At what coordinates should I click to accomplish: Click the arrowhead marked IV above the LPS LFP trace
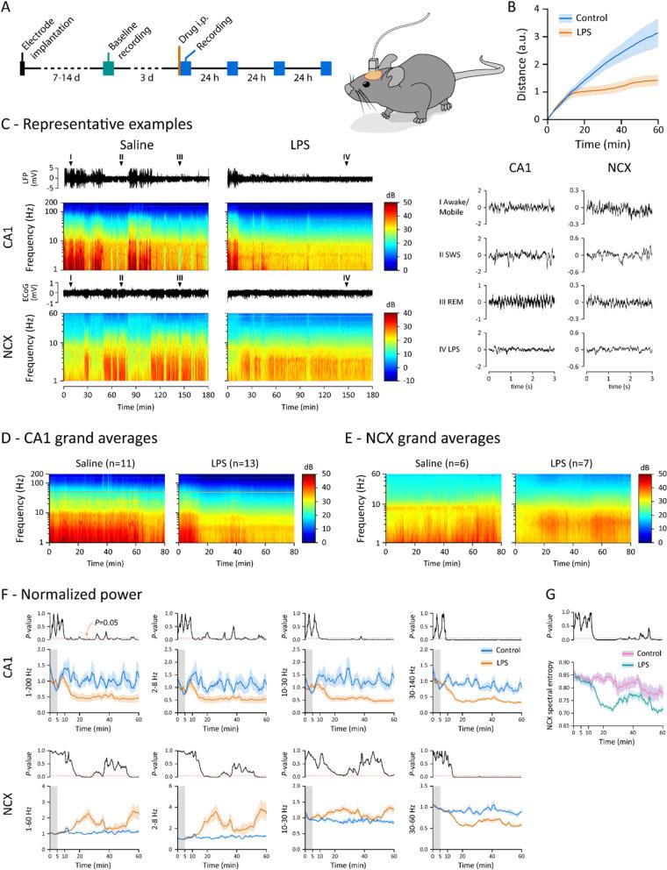[x=347, y=162]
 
